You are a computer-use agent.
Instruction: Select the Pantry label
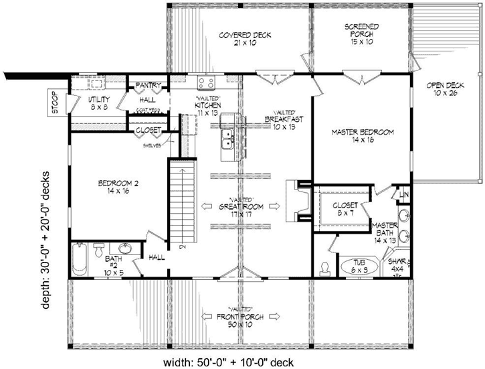tap(146, 86)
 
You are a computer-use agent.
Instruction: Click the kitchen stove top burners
tap(206, 83)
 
